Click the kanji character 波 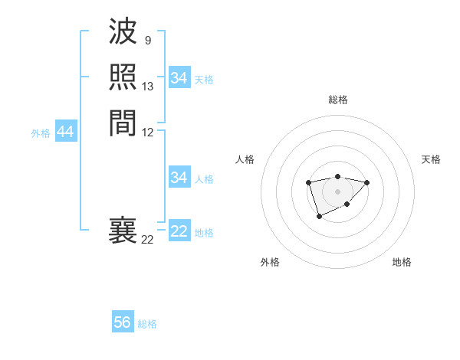pyautogui.click(x=123, y=34)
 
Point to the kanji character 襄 pyautogui.click(x=123, y=231)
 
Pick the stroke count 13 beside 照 pyautogui.click(x=148, y=87)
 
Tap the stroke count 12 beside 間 pyautogui.click(x=148, y=132)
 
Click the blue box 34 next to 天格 pyautogui.click(x=179, y=78)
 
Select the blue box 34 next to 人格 pyautogui.click(x=179, y=178)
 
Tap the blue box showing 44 pyautogui.click(x=65, y=133)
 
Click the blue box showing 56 pyautogui.click(x=123, y=322)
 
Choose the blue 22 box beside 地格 pyautogui.click(x=179, y=232)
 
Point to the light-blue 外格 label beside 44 pyautogui.click(x=41, y=133)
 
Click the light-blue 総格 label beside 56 pyautogui.click(x=147, y=324)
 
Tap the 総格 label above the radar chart pyautogui.click(x=337, y=100)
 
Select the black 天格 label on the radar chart pyautogui.click(x=431, y=159)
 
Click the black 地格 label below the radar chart pyautogui.click(x=402, y=262)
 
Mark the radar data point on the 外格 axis pyautogui.click(x=319, y=218)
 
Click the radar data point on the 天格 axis pyautogui.click(x=366, y=182)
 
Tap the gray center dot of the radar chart pyautogui.click(x=337, y=191)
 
